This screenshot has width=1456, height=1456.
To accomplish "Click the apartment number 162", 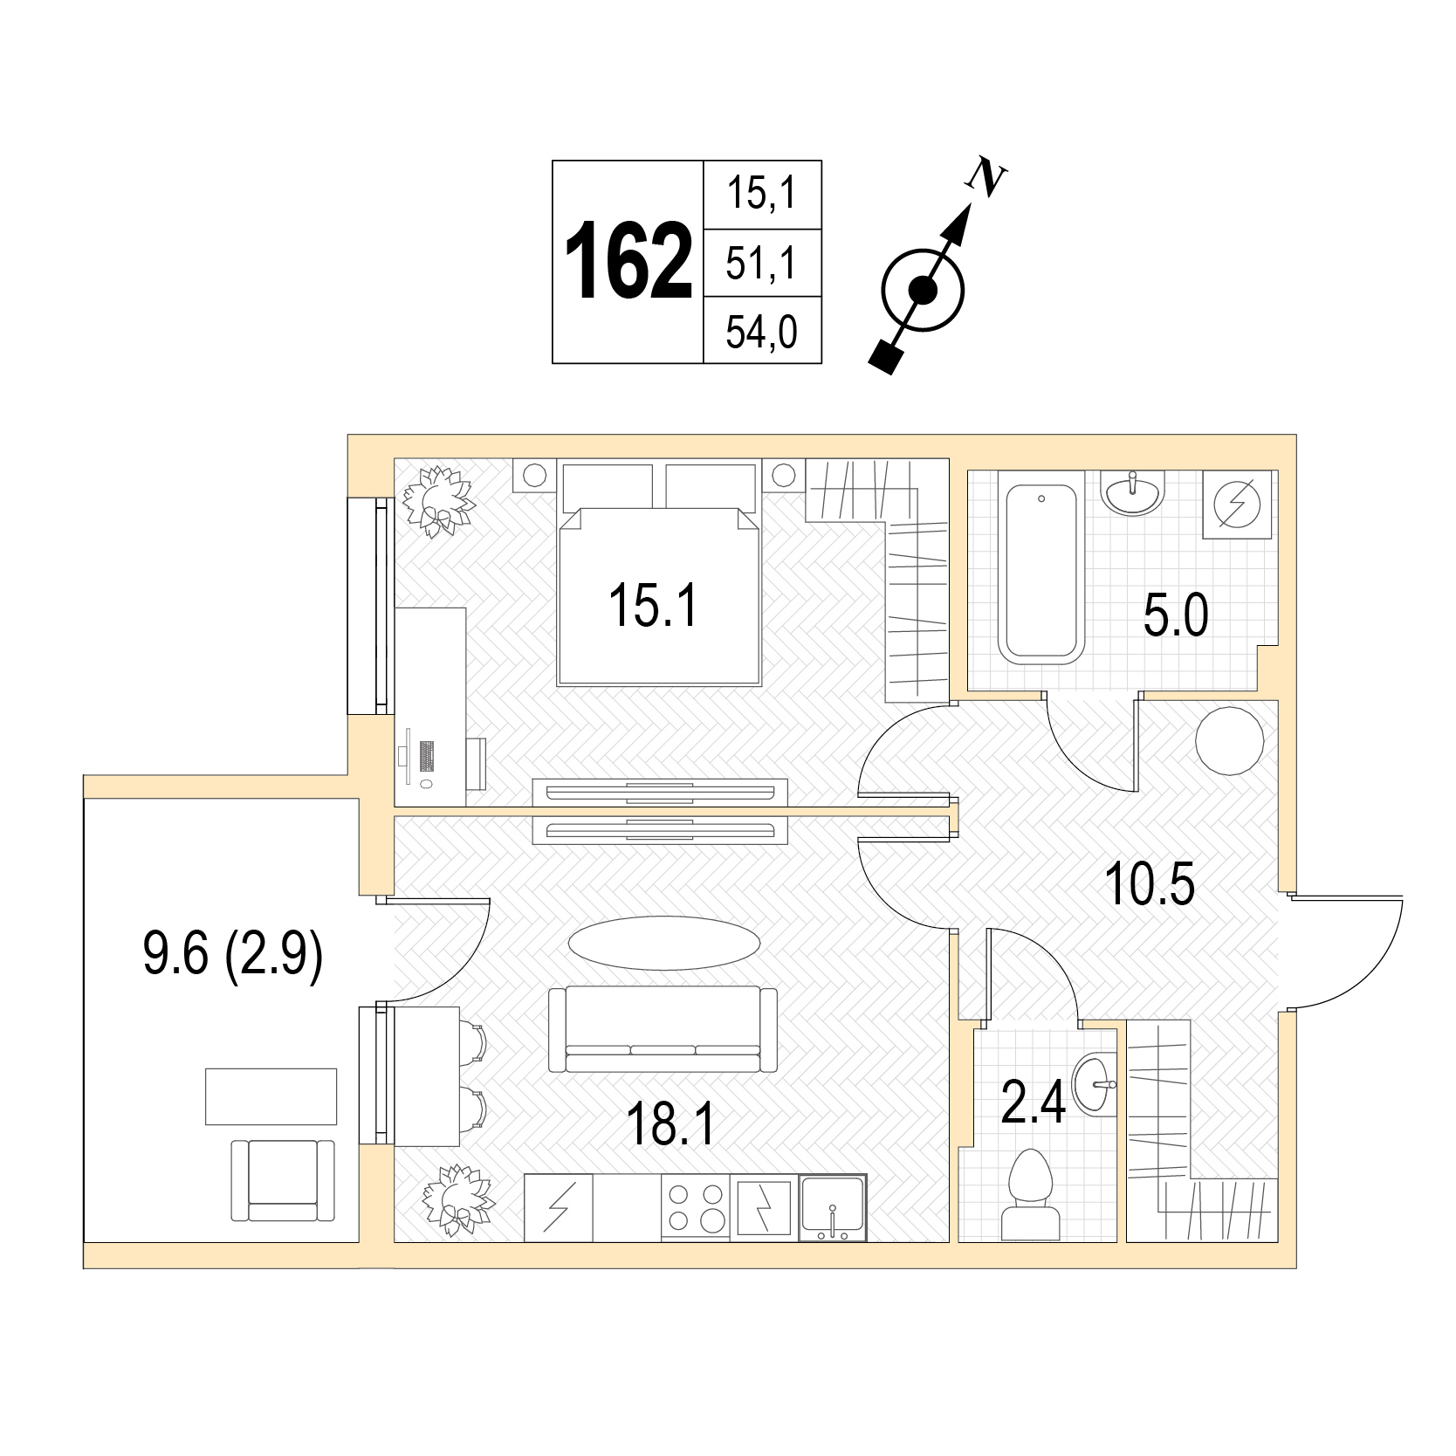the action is [628, 262].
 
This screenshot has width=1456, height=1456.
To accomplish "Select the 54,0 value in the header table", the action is [761, 333].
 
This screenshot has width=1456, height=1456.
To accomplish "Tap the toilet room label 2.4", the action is [1034, 1102].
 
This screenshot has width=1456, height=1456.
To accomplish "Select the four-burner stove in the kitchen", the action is [695, 1207].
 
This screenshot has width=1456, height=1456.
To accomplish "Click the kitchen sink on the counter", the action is [833, 1208].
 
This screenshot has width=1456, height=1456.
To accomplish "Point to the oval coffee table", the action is [664, 943].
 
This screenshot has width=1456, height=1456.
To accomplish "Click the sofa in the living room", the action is [663, 1029].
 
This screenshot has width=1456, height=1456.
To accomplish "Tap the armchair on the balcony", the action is [283, 1180].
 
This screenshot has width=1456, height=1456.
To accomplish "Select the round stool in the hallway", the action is [1229, 739].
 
